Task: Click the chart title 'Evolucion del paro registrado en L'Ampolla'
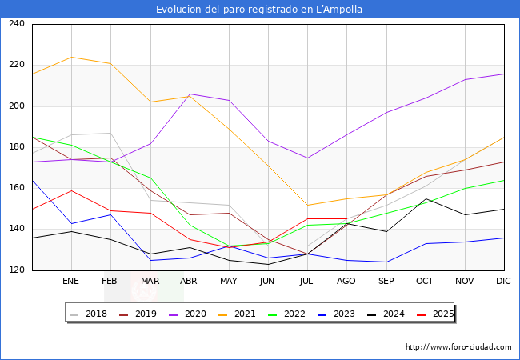[259, 10]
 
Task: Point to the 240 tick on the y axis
[16, 24]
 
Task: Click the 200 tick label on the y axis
[16, 106]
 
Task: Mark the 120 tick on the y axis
[16, 270]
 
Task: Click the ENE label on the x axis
[70, 282]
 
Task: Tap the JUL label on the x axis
[307, 282]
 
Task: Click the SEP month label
[386, 282]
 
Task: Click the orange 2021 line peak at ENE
[71, 57]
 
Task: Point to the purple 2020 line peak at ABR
[190, 94]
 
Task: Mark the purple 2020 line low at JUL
[307, 158]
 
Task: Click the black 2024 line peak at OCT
[426, 199]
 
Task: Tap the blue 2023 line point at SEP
[386, 262]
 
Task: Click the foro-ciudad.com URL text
[458, 347]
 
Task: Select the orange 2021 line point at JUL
[307, 205]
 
